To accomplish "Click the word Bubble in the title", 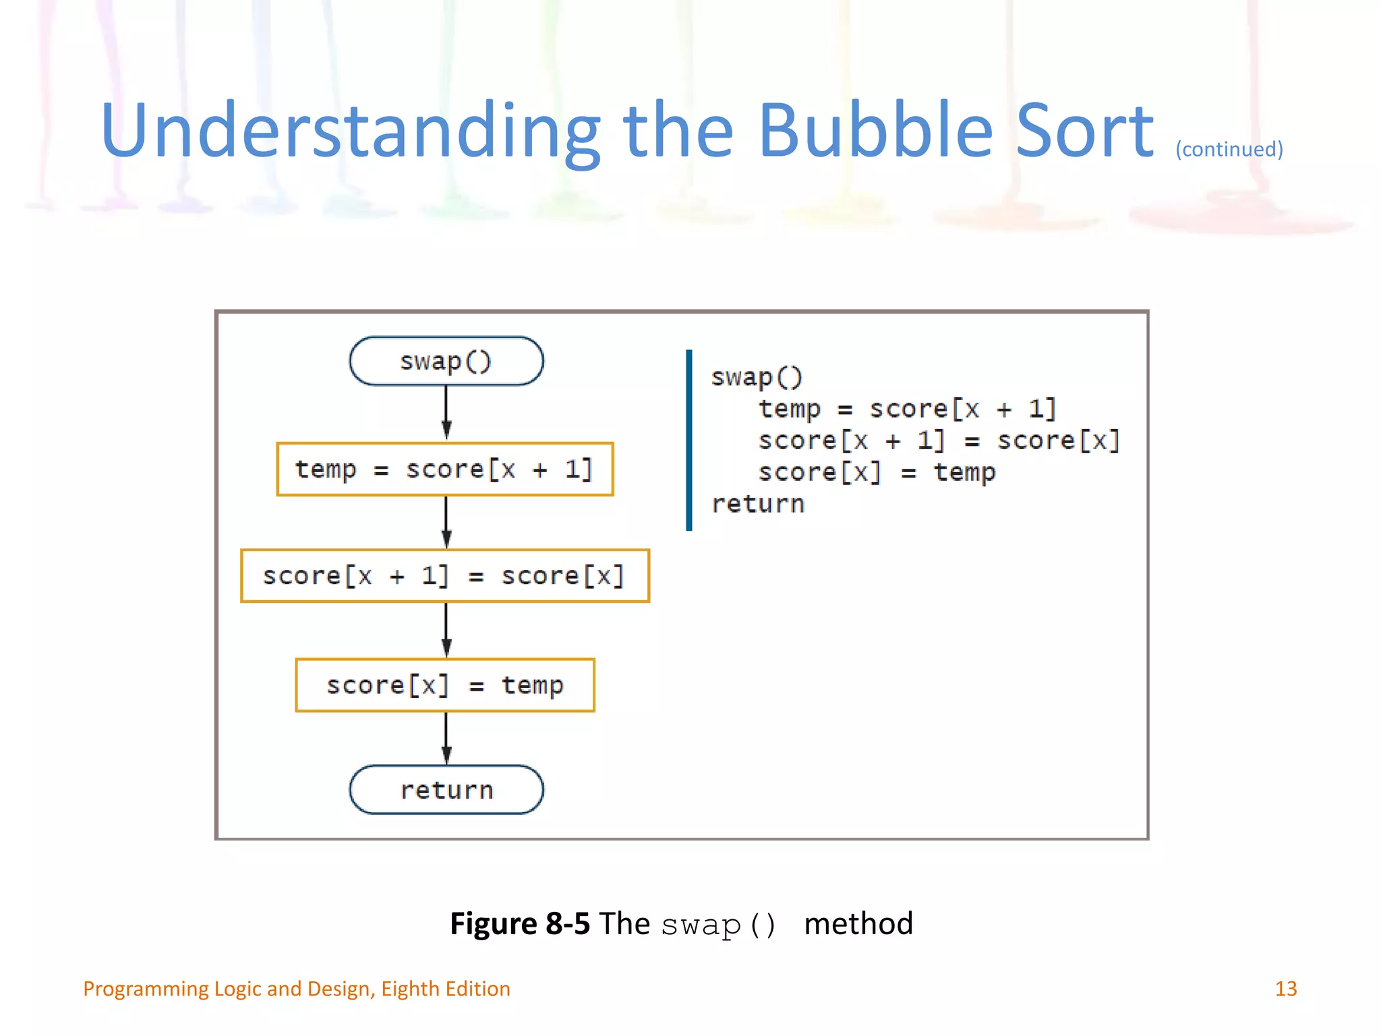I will click(x=875, y=131).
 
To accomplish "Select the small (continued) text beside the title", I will click(x=1229, y=149).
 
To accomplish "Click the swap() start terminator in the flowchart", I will click(x=446, y=362).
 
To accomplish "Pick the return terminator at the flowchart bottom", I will click(x=446, y=790).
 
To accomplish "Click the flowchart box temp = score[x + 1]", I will click(x=445, y=469).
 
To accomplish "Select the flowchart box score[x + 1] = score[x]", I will click(x=445, y=576).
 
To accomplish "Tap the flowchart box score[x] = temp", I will click(x=445, y=685).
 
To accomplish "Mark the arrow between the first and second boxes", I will click(x=446, y=522).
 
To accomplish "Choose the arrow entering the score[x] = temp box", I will click(x=446, y=630).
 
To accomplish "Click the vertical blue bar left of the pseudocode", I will click(x=688, y=440).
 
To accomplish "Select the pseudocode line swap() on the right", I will click(x=757, y=377).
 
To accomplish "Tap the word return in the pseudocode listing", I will click(x=758, y=504).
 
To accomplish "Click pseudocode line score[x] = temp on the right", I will click(x=877, y=472).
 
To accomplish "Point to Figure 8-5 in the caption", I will click(x=519, y=923).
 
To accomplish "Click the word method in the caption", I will click(x=858, y=923).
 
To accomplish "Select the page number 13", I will click(x=1285, y=989).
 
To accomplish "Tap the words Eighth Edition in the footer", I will click(x=445, y=989).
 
